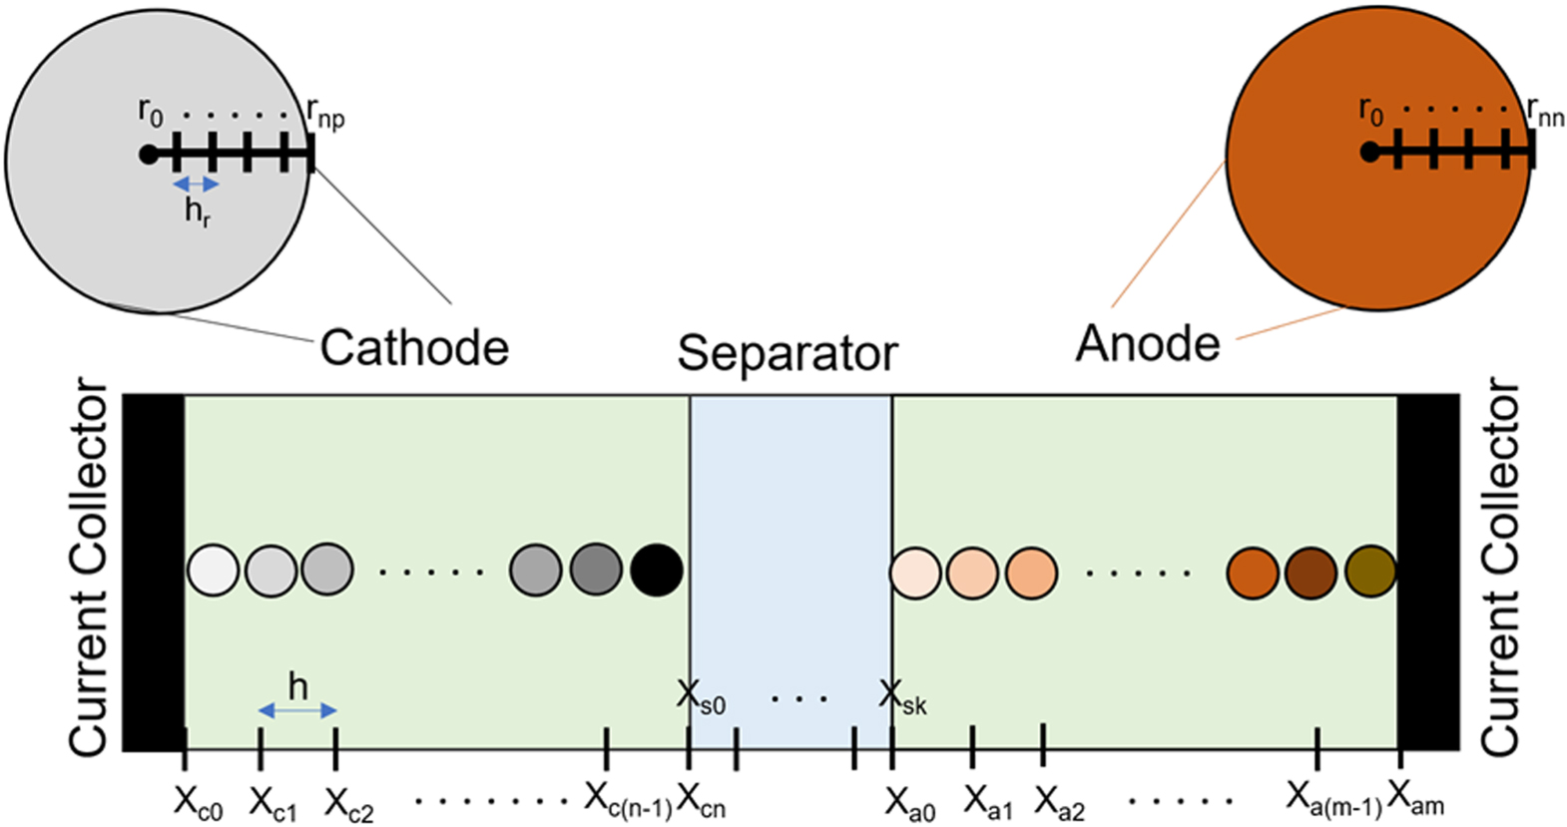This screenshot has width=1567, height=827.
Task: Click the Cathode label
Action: tap(414, 347)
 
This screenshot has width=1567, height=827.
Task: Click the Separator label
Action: tap(787, 353)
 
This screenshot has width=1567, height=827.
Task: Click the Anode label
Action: tap(1148, 344)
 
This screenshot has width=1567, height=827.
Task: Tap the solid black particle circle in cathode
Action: tap(657, 571)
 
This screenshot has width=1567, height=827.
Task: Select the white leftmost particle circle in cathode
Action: tap(213, 571)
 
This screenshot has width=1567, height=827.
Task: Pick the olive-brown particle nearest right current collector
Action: tap(1370, 572)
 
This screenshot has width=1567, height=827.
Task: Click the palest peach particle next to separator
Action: tap(915, 574)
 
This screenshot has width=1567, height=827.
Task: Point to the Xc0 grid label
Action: tap(198, 802)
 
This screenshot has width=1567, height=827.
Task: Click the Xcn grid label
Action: tap(701, 800)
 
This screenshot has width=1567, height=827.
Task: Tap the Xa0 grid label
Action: tap(910, 802)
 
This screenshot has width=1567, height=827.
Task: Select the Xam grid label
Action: tap(1415, 798)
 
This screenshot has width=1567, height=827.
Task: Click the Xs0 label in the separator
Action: tap(701, 697)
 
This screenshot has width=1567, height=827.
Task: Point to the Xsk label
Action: tap(903, 697)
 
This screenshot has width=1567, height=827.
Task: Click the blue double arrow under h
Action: tap(297, 710)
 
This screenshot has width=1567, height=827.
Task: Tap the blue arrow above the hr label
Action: tap(196, 185)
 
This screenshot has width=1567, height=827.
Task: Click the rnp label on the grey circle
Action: tap(325, 114)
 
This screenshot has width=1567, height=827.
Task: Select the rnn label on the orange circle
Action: tap(1545, 112)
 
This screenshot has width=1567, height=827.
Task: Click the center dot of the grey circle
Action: tap(149, 155)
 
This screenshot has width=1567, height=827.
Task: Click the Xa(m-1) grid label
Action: tap(1332, 799)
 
